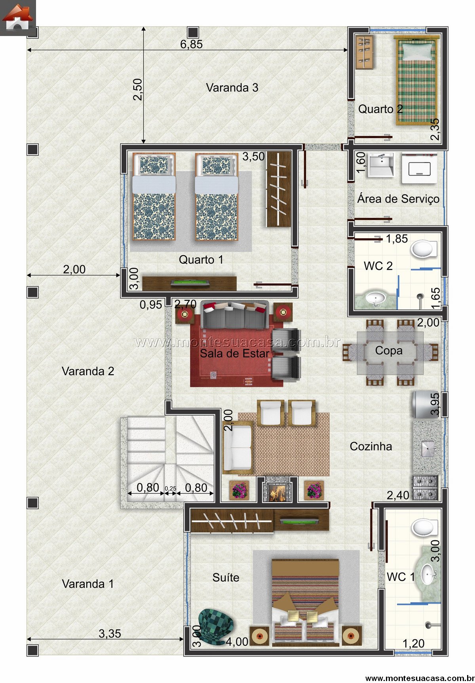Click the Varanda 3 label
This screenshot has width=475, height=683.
pos(232,87)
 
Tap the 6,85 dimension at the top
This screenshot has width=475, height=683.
pos(192,44)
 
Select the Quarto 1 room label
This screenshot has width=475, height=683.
pos(201,260)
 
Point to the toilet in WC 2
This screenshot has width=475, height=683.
pos(424,249)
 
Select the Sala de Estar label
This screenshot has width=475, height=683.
pos(235,353)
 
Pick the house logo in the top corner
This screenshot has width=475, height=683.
pos(17,18)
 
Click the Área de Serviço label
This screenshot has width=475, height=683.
pos(398,199)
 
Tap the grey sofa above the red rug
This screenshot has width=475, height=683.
pos(235,315)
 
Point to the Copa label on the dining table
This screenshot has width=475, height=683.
pos(389,351)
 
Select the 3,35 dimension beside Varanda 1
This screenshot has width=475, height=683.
pos(110,634)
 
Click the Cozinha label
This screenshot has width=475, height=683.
pos(371,446)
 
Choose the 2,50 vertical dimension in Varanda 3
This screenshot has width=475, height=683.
pos(137,89)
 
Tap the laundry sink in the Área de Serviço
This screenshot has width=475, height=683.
pos(381,165)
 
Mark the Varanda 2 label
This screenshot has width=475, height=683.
pos(88,371)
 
